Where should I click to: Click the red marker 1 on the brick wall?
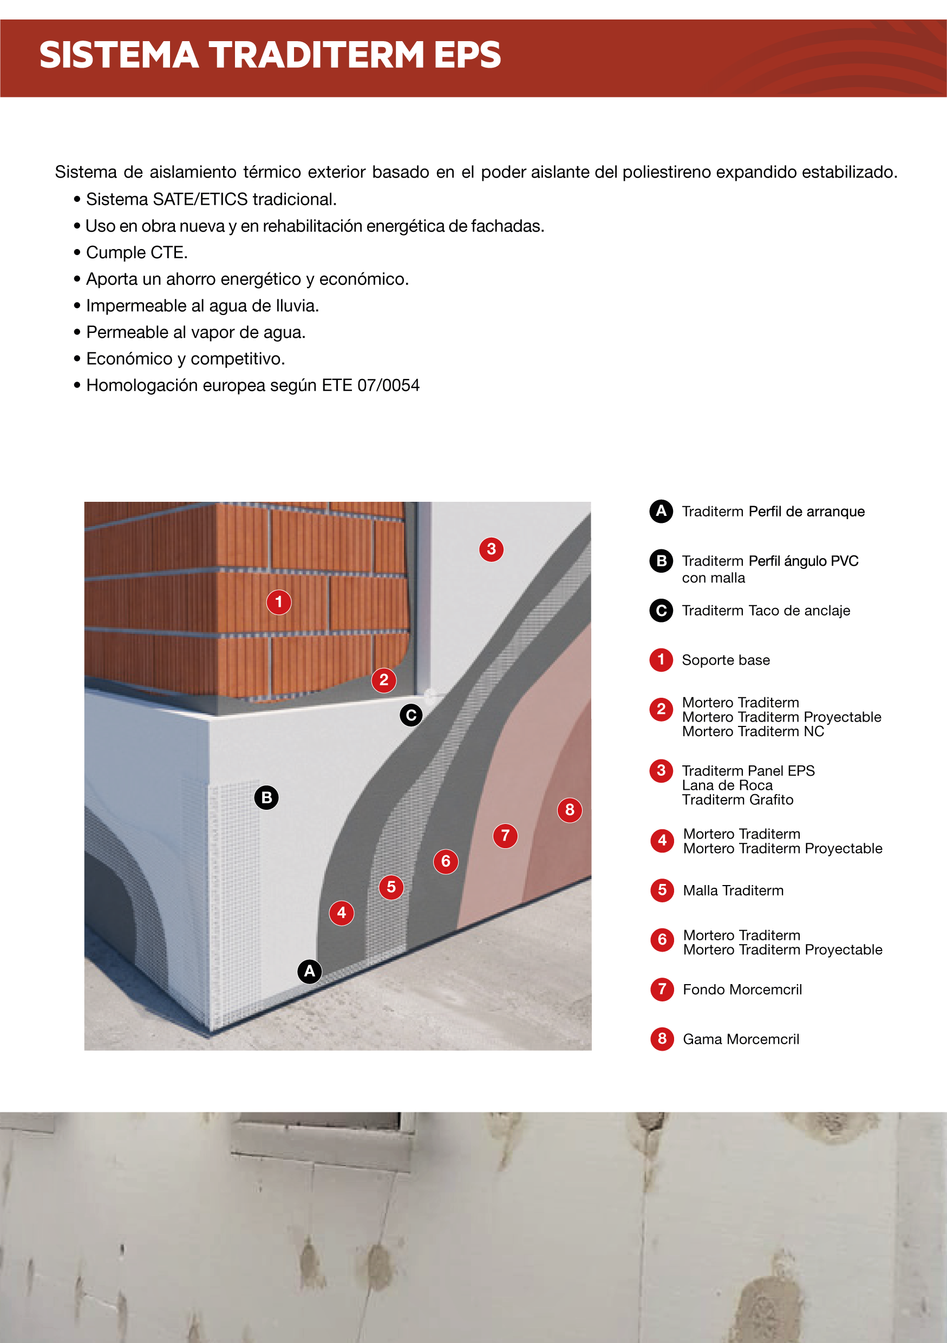(x=279, y=602)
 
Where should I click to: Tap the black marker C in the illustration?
(x=411, y=715)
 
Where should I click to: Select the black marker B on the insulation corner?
(x=267, y=797)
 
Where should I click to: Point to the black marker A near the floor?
(x=309, y=972)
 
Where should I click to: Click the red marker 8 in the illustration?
(x=570, y=810)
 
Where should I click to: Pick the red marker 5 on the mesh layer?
(x=391, y=887)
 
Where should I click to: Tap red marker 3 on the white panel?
(x=491, y=549)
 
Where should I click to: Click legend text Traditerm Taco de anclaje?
(x=766, y=611)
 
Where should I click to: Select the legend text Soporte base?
(x=726, y=660)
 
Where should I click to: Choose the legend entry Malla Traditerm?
(x=733, y=890)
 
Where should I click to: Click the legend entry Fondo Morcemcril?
(x=742, y=990)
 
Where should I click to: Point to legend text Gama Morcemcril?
(x=741, y=1039)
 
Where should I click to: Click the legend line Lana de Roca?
(x=727, y=785)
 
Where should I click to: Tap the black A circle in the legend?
(x=661, y=511)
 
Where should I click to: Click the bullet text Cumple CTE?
(x=137, y=253)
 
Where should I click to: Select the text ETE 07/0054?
(x=378, y=385)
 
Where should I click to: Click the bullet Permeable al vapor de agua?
(x=195, y=332)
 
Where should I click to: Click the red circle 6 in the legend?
(x=662, y=940)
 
